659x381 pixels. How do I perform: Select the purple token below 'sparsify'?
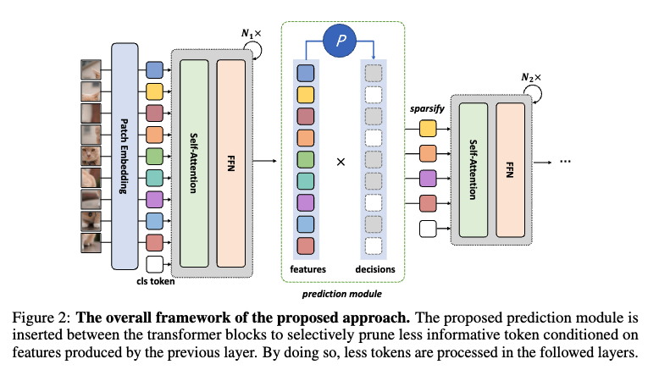point(428,179)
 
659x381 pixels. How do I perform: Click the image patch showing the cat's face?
point(91,155)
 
